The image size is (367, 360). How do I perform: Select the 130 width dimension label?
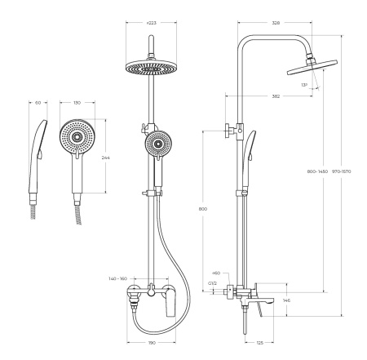tap(77, 103)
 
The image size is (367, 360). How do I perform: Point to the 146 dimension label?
tap(286, 300)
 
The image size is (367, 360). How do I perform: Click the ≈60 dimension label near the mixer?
tap(216, 273)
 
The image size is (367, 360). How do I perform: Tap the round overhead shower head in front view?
tap(151, 66)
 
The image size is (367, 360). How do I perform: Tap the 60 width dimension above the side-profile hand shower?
tap(39, 103)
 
